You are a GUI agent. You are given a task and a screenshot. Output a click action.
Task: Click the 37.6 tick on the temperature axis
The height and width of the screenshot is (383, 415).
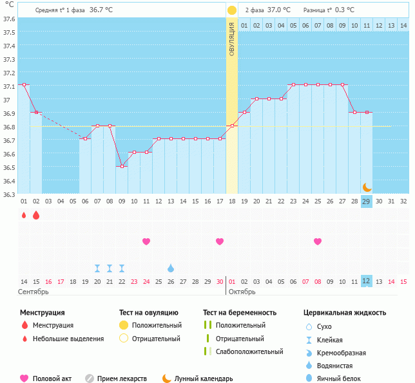pyautogui.click(x=9, y=19)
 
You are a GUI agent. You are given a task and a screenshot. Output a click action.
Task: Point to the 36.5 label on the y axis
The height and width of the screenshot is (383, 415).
pyautogui.click(x=9, y=167)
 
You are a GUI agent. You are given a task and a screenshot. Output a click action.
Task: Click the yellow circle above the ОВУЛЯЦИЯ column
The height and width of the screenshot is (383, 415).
pyautogui.click(x=232, y=10)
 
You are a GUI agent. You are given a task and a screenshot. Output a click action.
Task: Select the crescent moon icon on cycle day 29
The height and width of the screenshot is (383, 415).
pyautogui.click(x=367, y=187)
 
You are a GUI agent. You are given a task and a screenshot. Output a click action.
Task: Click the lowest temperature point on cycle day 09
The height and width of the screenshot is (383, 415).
pyautogui.click(x=121, y=166)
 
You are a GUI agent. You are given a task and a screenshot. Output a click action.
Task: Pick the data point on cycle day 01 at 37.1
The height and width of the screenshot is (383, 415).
pyautogui.click(x=24, y=85)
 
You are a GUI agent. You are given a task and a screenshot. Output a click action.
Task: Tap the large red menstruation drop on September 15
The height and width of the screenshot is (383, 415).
pyautogui.click(x=36, y=215)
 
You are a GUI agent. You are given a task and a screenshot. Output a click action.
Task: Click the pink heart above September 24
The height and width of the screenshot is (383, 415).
pyautogui.click(x=146, y=241)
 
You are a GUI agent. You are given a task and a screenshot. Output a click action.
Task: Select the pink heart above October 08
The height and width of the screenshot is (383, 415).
pyautogui.click(x=318, y=241)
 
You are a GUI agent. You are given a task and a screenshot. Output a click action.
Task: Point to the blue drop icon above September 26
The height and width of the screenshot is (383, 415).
pyautogui.click(x=171, y=268)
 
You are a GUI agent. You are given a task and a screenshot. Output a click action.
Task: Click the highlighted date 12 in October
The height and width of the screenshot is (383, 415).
pyautogui.click(x=366, y=281)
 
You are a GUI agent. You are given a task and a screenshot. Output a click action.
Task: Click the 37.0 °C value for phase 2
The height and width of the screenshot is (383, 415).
pyautogui.click(x=278, y=10)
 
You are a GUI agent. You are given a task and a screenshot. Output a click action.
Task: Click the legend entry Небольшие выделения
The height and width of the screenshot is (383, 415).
pyautogui.click(x=68, y=339)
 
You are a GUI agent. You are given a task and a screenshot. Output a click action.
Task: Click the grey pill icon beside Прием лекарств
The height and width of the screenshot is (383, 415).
pyautogui.click(x=90, y=378)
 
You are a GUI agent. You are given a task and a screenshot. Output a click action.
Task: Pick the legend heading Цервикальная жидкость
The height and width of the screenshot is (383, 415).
pyautogui.click(x=345, y=312)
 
